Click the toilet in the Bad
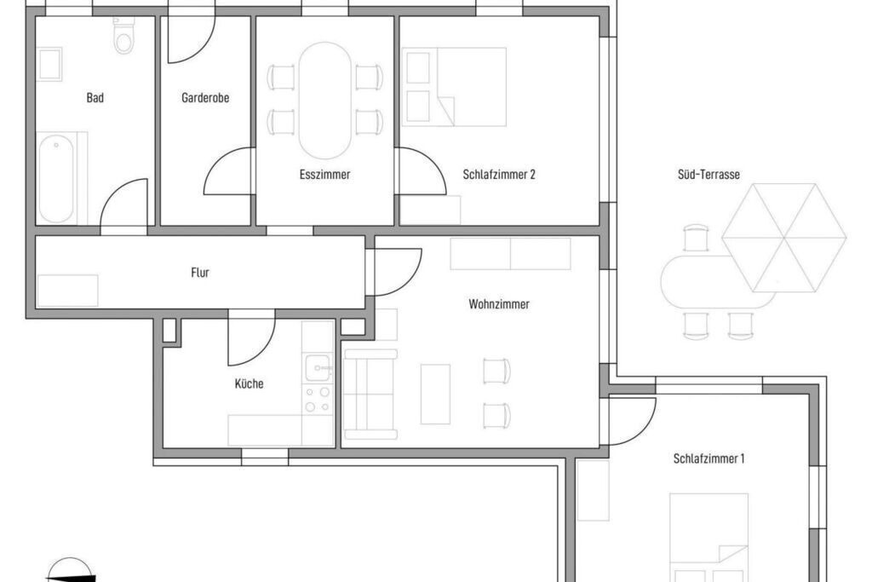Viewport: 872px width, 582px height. [x=123, y=36]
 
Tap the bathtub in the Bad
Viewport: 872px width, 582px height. [x=56, y=178]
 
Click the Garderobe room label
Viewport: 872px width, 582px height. [x=205, y=98]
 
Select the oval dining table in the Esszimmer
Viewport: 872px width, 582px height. [x=325, y=101]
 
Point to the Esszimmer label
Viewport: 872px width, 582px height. [x=324, y=175]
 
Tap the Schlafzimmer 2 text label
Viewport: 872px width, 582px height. [x=499, y=175]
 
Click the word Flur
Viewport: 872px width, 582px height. [x=200, y=273]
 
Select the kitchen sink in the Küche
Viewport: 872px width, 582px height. [x=318, y=368]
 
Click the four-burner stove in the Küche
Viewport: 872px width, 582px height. [x=318, y=400]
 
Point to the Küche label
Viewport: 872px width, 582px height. [x=250, y=384]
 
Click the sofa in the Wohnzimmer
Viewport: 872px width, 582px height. [x=370, y=394]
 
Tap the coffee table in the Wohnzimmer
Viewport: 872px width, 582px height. [x=435, y=394]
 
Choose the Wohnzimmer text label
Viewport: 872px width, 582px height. [x=499, y=304]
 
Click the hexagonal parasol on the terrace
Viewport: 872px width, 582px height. [x=784, y=238]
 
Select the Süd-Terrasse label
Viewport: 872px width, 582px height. [x=708, y=175]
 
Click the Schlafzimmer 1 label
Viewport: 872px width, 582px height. [x=708, y=459]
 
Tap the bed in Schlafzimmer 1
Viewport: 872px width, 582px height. [x=708, y=538]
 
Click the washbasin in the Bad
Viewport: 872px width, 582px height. [x=49, y=64]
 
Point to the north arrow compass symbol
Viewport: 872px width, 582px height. [x=70, y=570]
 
